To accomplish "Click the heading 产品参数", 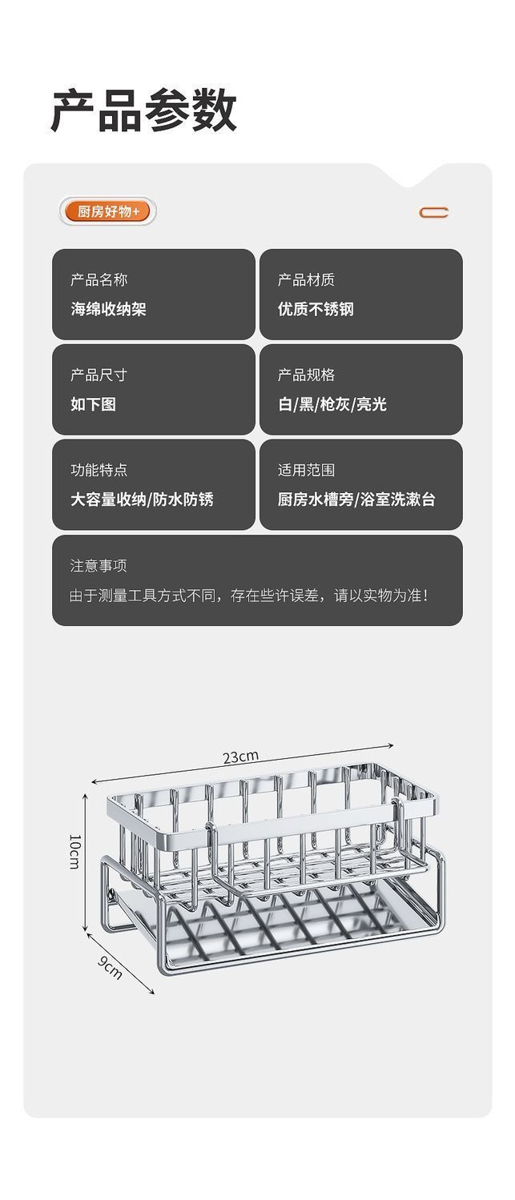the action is click(x=143, y=110).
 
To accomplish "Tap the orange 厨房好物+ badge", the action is click(x=107, y=212).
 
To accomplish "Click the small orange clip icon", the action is click(x=434, y=212).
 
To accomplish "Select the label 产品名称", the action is click(x=99, y=280).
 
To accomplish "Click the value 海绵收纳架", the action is click(x=108, y=309).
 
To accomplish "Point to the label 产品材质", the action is click(x=306, y=280).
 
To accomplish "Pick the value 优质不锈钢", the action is click(x=316, y=309).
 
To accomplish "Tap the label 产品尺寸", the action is click(x=99, y=375).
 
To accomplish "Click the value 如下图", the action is click(x=93, y=404).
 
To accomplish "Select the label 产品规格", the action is click(x=306, y=375).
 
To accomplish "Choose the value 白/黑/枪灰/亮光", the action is click(x=332, y=404).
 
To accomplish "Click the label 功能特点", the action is click(x=99, y=471).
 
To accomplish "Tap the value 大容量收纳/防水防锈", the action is click(x=142, y=500).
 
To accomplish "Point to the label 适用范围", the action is click(x=306, y=471).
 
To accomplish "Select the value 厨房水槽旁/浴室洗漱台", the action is click(x=356, y=500).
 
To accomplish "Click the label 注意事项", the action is click(x=99, y=566).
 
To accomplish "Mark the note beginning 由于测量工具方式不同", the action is click(x=249, y=596).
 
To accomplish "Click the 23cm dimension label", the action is click(x=240, y=757).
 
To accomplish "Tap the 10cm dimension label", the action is click(x=74, y=852).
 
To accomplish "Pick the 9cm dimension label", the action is click(x=111, y=967).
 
